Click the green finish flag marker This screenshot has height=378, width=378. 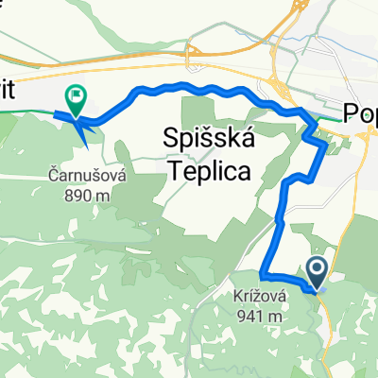click(x=74, y=95)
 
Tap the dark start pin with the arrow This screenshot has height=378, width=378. click(x=316, y=274)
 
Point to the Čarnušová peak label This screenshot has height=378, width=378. click(x=82, y=174)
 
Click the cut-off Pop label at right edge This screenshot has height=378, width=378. click(x=361, y=113)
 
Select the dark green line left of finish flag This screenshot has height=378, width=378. click(x=28, y=110)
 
